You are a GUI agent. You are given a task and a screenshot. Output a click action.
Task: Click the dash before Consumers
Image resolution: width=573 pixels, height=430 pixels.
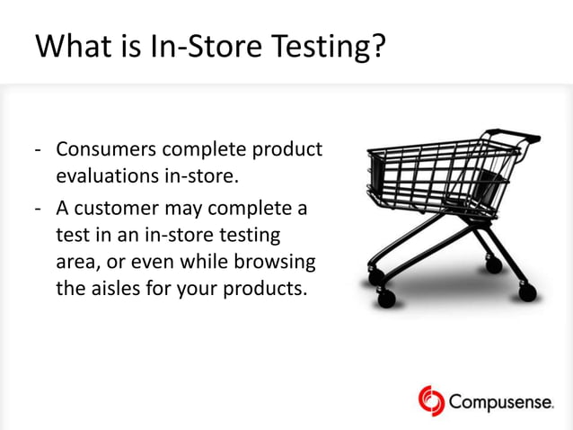pos(40,149)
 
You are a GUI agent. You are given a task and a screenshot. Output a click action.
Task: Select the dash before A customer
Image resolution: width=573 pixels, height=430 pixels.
pos(40,209)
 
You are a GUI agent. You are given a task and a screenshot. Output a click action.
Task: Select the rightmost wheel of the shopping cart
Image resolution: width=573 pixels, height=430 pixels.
pos(527,292)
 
